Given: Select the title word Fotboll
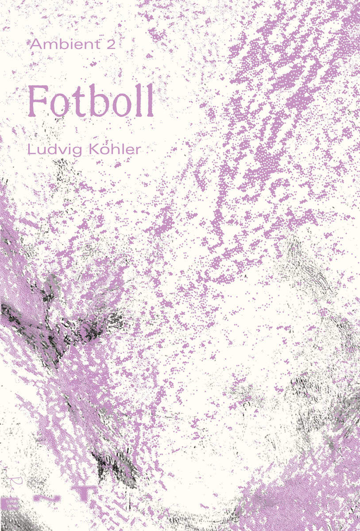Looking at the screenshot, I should (x=91, y=100).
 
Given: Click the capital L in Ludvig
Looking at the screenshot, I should (x=31, y=150).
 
